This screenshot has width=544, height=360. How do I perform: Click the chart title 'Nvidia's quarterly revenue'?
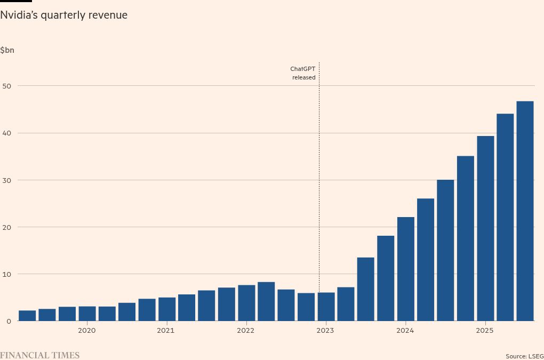(x=64, y=15)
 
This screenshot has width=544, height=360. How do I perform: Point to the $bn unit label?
(x=7, y=50)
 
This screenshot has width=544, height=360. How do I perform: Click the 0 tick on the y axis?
(x=8, y=321)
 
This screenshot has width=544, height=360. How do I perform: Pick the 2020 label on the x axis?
(x=86, y=331)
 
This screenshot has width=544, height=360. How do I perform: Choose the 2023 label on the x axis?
(x=325, y=331)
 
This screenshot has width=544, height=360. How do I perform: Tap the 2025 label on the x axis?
(x=485, y=331)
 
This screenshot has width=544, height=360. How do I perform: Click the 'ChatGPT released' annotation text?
(x=303, y=73)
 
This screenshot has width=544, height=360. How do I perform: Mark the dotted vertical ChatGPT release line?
(x=319, y=187)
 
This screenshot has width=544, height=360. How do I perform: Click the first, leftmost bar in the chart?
(x=27, y=316)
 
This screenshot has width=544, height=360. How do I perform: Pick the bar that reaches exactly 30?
(x=445, y=251)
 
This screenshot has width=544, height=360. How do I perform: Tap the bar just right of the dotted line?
(x=326, y=307)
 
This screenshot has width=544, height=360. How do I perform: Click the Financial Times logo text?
(x=39, y=355)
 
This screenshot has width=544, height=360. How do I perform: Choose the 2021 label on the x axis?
(x=166, y=331)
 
